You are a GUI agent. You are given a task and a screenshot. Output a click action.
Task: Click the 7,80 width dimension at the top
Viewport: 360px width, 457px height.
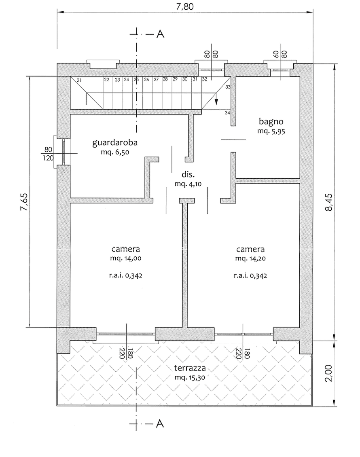(185, 6)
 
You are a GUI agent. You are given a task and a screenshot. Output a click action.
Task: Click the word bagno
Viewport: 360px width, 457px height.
(271, 121)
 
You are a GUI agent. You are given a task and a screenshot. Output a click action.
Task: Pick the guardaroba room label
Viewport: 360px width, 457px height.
(115, 142)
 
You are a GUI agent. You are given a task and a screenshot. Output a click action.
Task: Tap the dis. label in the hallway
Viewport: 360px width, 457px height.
(188, 175)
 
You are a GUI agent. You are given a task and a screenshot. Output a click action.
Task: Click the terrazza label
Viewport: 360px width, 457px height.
(191, 368)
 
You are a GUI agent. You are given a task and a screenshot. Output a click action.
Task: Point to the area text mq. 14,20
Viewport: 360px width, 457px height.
(251, 258)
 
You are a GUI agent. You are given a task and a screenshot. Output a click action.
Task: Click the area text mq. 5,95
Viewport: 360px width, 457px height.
(271, 131)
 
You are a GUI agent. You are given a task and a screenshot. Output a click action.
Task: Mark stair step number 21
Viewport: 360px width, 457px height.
(79, 80)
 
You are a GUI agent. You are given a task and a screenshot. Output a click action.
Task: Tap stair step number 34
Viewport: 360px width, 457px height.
(227, 113)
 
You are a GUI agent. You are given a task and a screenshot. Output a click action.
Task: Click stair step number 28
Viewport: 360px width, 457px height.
(165, 79)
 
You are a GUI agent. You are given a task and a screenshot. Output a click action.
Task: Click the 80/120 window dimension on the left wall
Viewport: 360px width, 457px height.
(48, 153)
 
